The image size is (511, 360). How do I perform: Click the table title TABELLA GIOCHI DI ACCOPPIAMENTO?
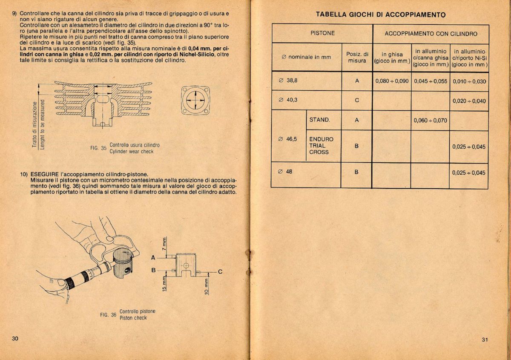click(x=381, y=15)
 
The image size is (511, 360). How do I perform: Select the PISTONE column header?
click(x=322, y=33)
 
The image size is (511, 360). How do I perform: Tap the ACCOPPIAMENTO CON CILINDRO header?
click(x=431, y=33)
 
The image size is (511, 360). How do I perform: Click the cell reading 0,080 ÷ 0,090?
click(x=392, y=81)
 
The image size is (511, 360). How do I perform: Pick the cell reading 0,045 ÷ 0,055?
click(x=430, y=81)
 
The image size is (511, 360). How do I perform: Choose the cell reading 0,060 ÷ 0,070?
click(x=430, y=120)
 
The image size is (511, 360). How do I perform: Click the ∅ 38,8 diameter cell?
click(x=288, y=81)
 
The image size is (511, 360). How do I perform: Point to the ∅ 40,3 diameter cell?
click(x=288, y=101)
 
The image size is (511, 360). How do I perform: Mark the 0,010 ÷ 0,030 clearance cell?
click(x=469, y=81)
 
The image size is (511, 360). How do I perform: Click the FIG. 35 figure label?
click(x=98, y=148)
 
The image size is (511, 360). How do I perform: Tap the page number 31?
click(x=485, y=340)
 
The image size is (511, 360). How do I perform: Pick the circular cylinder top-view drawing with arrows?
click(x=195, y=100)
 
